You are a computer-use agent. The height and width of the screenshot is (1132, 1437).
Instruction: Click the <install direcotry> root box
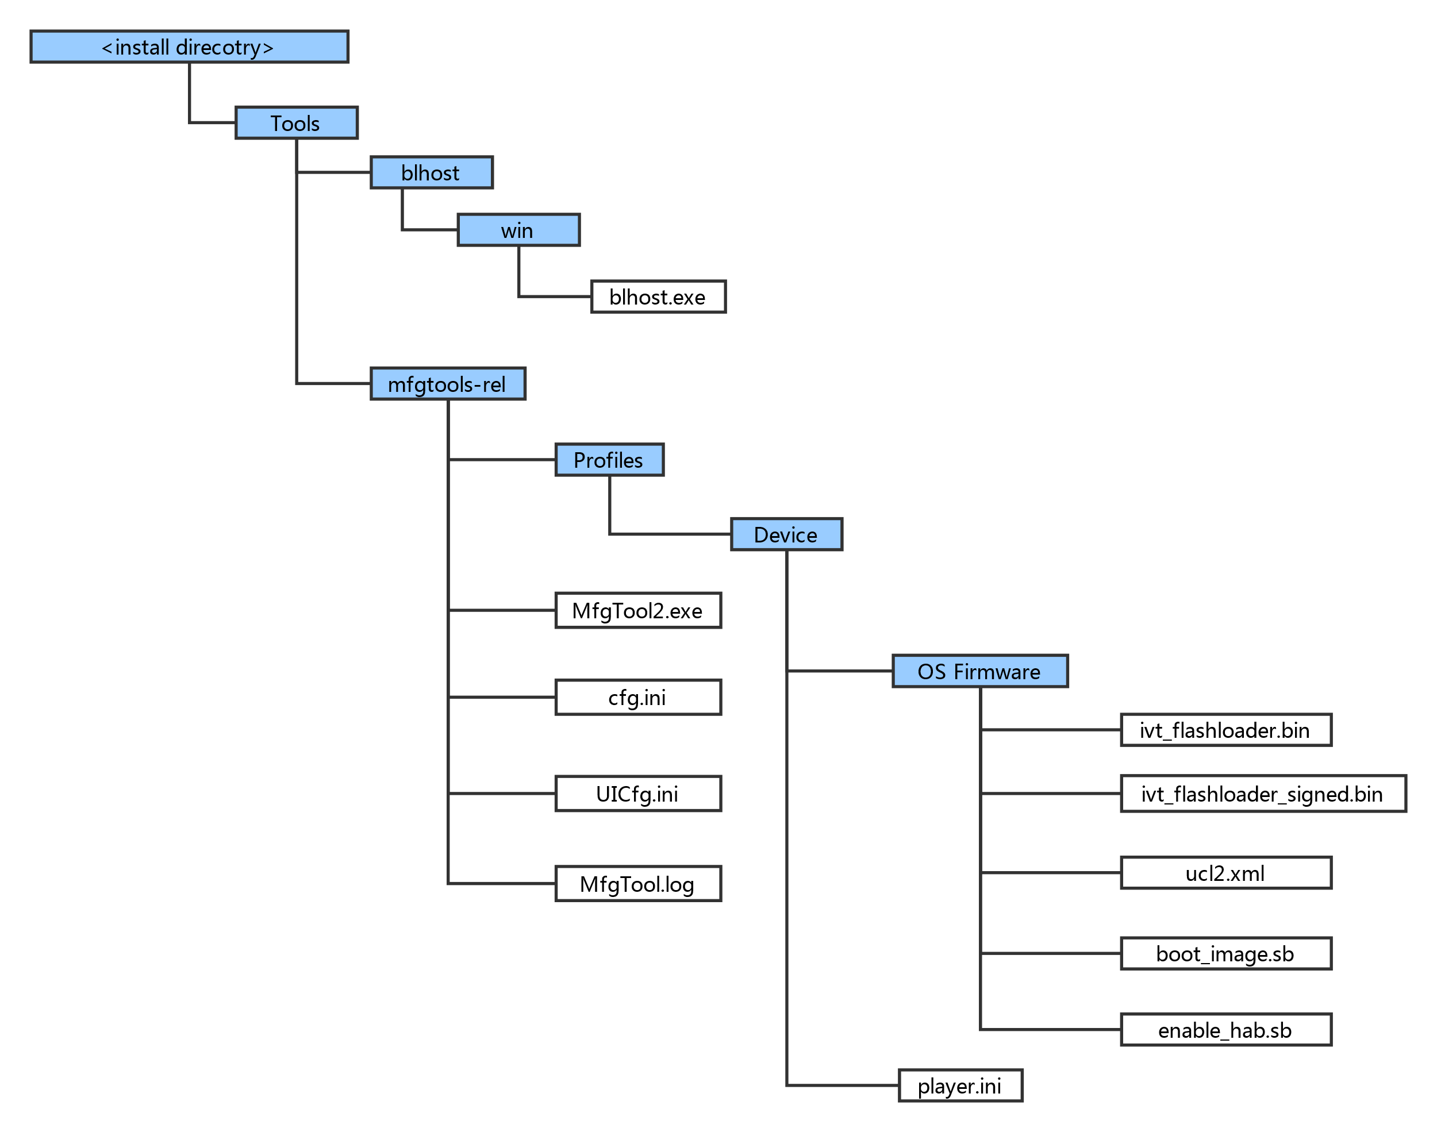189,47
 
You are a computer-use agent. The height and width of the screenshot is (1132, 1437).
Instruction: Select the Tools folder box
296,124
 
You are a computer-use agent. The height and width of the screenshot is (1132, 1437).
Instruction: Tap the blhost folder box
432,173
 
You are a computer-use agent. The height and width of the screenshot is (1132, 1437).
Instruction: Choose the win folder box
518,230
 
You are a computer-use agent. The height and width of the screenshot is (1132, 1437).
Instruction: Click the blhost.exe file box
658,297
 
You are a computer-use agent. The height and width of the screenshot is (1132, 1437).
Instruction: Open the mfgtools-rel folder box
448,384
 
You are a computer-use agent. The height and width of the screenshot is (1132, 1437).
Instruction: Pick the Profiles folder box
609,460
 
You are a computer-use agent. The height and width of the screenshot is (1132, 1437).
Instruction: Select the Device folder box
787,535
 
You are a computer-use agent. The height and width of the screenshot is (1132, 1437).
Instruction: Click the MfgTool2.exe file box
637,611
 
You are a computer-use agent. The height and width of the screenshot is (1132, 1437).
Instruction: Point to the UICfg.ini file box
637,794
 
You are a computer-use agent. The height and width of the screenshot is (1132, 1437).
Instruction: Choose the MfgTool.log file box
637,884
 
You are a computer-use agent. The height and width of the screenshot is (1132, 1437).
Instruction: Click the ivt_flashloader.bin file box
1225,730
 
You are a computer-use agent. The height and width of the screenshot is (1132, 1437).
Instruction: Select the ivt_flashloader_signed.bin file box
1263,794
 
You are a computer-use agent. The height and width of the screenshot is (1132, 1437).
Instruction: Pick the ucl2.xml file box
1225,873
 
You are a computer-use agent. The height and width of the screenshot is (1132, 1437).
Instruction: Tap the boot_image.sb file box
1225,954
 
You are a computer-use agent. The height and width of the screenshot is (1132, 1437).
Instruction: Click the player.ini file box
960,1086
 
